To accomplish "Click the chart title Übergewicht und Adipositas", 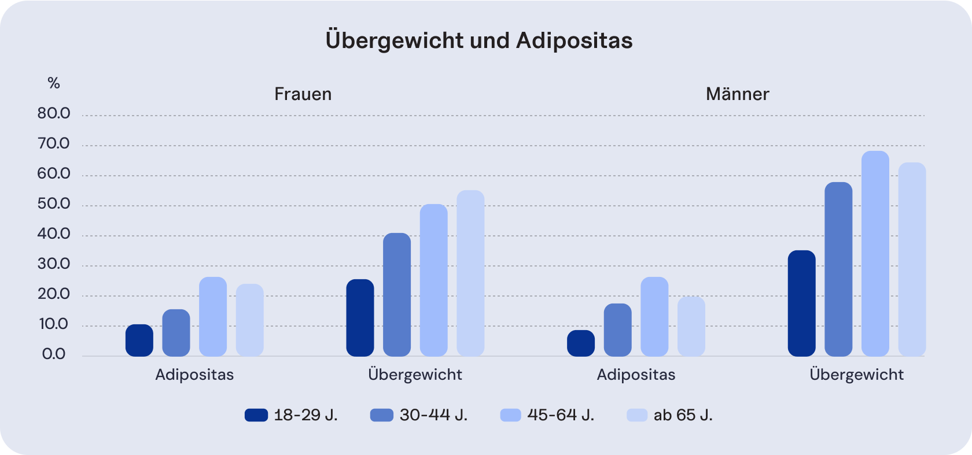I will pyautogui.click(x=479, y=40).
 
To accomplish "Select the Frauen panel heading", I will pyautogui.click(x=303, y=94).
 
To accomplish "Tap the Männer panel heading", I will pyautogui.click(x=737, y=94).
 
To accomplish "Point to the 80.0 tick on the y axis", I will pyautogui.click(x=54, y=113).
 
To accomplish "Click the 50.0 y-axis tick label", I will pyautogui.click(x=54, y=204).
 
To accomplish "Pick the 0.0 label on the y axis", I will pyautogui.click(x=54, y=354).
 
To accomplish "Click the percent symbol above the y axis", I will pyautogui.click(x=54, y=83).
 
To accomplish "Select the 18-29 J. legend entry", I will pyautogui.click(x=291, y=415).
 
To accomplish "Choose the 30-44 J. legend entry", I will pyautogui.click(x=418, y=415).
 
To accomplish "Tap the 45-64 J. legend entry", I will pyautogui.click(x=547, y=415).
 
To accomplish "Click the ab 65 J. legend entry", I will pyautogui.click(x=670, y=415).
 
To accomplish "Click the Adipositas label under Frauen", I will pyautogui.click(x=194, y=375).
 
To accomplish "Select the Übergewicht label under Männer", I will pyautogui.click(x=856, y=375).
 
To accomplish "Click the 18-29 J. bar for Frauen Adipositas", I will pyautogui.click(x=139, y=341).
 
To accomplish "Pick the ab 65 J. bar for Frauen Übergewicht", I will pyautogui.click(x=470, y=273).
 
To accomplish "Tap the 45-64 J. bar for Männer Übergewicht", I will pyautogui.click(x=875, y=254).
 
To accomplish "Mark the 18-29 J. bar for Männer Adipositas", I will pyautogui.click(x=581, y=343).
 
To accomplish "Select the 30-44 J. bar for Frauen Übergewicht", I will pyautogui.click(x=397, y=295).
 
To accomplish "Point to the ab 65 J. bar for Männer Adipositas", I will pyautogui.click(x=691, y=327).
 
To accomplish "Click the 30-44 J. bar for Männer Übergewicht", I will pyautogui.click(x=838, y=269).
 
